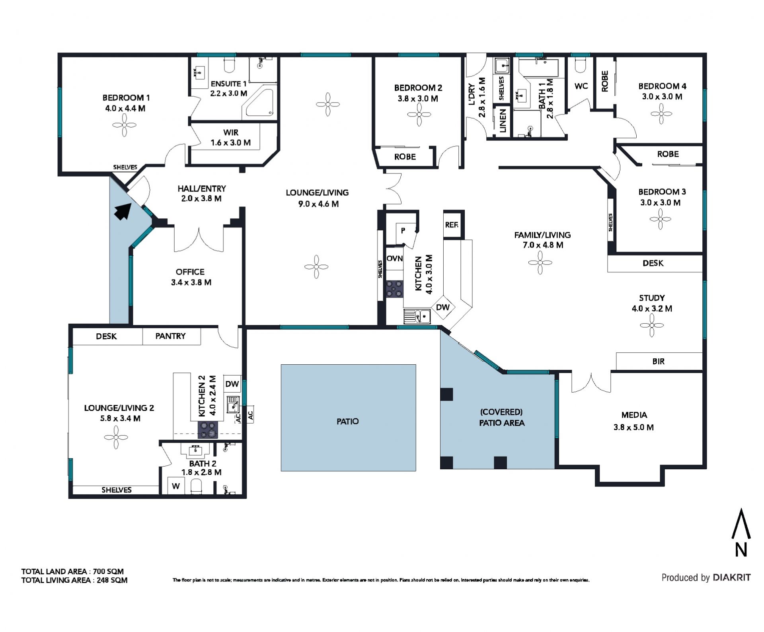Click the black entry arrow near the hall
click(123, 211)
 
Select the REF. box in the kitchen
click(454, 224)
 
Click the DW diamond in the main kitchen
click(443, 307)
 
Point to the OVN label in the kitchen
click(395, 259)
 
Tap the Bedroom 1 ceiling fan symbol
click(124, 125)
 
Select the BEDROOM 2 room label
click(418, 88)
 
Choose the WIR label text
click(231, 132)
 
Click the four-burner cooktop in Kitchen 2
click(208, 430)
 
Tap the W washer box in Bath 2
click(176, 486)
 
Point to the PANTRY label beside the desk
click(170, 336)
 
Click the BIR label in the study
click(659, 361)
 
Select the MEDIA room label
click(634, 415)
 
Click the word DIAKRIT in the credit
click(732, 578)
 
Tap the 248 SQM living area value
click(112, 580)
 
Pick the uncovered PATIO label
click(348, 421)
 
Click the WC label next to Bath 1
click(581, 86)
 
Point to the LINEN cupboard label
click(503, 121)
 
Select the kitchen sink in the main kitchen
click(417, 317)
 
